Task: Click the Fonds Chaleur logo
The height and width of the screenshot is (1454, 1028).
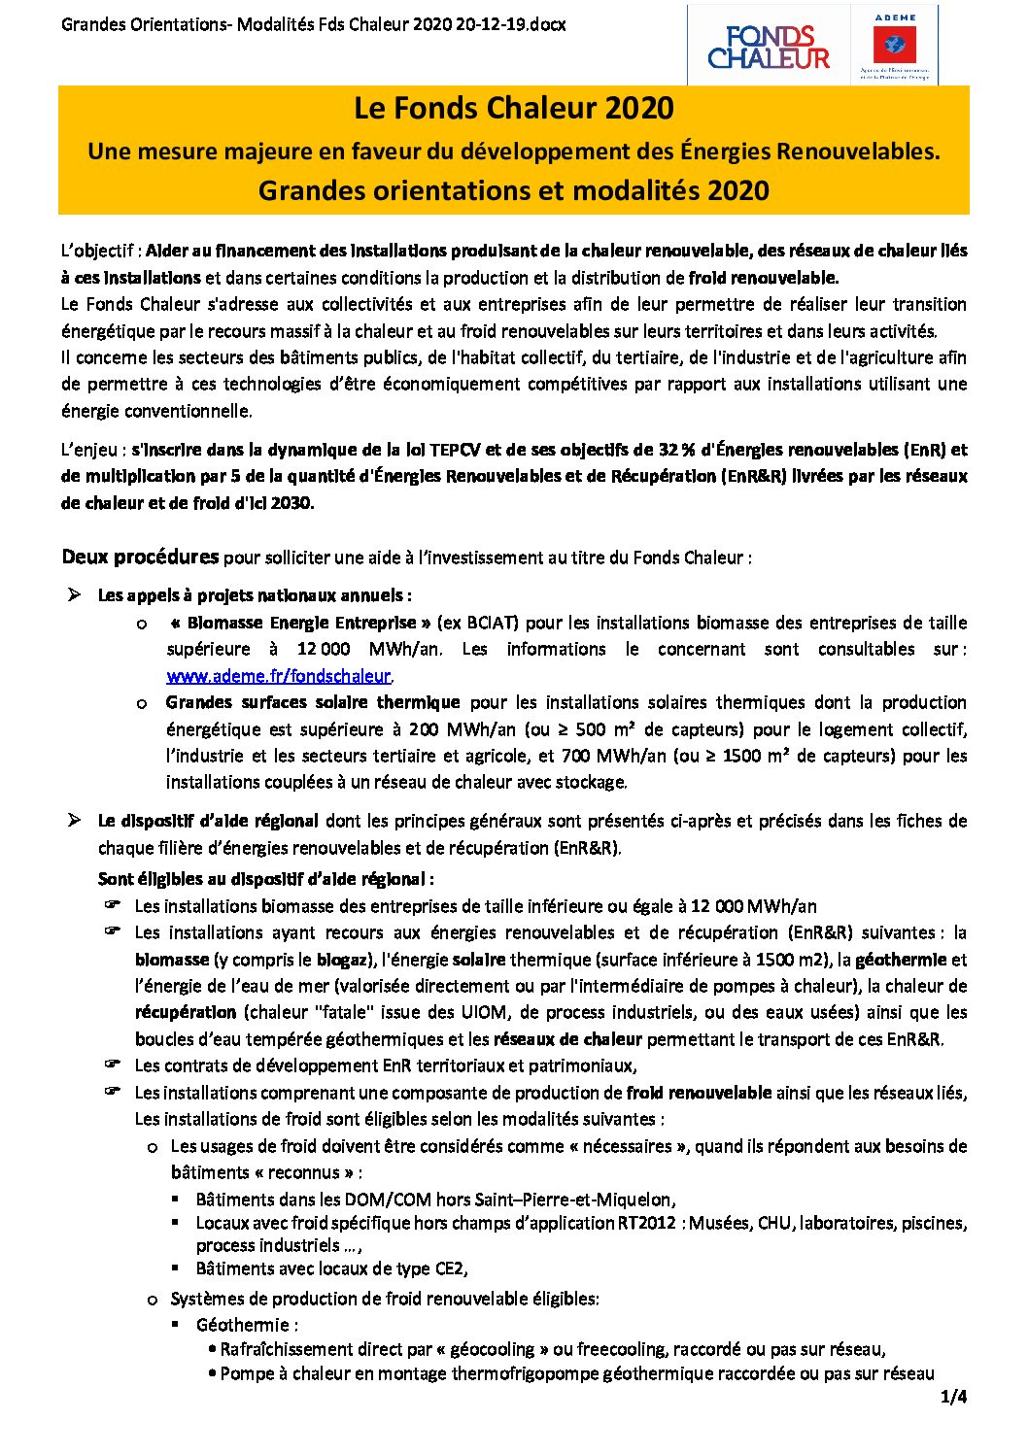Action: pos(769,47)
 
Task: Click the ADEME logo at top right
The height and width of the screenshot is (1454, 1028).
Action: pos(894,46)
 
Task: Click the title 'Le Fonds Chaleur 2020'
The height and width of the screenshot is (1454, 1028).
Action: pos(513,108)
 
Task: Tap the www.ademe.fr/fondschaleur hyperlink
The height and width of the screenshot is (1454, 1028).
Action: pos(279,676)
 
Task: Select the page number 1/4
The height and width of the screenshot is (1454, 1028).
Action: pos(953,1398)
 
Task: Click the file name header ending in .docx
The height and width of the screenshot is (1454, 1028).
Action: pos(313,24)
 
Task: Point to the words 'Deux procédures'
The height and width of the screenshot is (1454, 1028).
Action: pos(140,557)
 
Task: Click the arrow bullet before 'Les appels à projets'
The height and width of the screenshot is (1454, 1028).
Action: pos(74,594)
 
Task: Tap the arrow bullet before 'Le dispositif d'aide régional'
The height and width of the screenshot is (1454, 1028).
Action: pos(74,821)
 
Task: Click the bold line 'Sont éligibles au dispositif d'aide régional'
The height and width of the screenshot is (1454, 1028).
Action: pos(265,879)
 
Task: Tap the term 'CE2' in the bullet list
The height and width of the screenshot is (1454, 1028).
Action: pos(449,1268)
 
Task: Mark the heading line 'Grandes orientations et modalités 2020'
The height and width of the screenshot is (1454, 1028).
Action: pos(513,190)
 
